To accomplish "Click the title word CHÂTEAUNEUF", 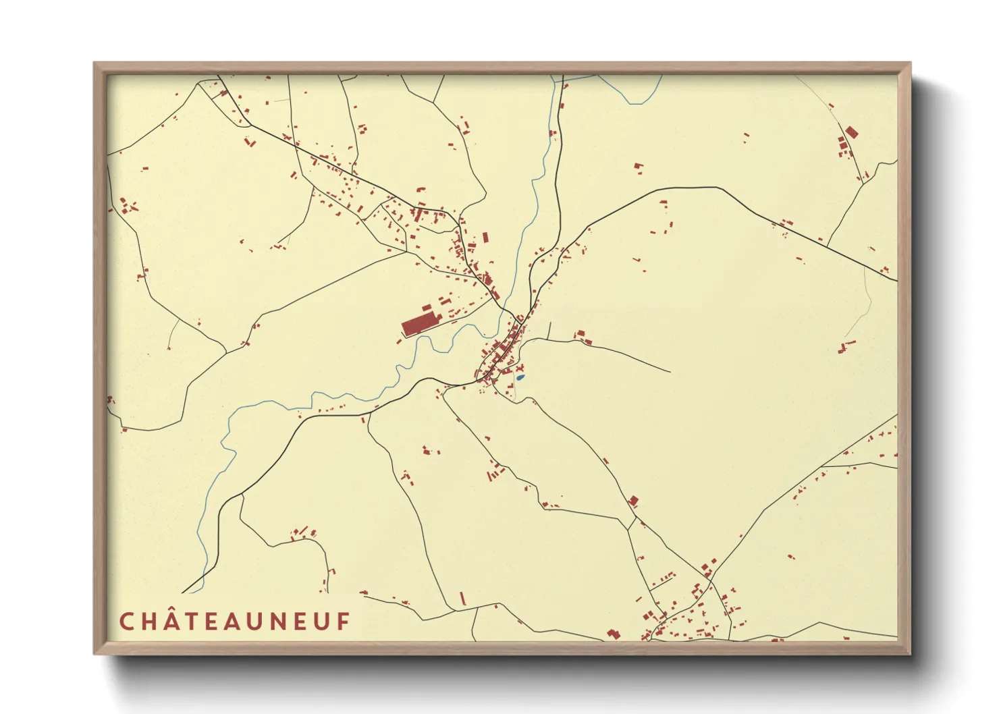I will [235, 622].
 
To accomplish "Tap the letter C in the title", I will [126, 622].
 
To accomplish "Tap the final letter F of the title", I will [344, 622].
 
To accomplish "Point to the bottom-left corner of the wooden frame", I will [95, 653].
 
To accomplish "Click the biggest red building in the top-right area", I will [851, 132].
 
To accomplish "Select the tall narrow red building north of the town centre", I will [485, 238].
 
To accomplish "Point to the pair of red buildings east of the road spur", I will [580, 337].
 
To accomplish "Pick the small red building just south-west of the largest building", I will [399, 341].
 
